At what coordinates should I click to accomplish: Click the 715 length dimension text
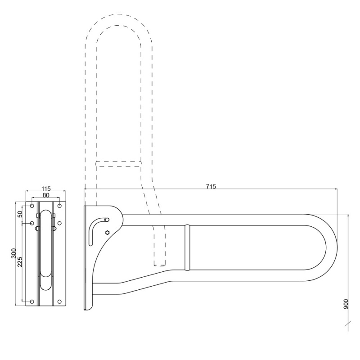click(211, 186)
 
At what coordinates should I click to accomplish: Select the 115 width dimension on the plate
click(45, 188)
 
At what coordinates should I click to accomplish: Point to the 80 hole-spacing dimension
click(45, 196)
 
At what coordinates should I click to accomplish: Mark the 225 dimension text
click(20, 263)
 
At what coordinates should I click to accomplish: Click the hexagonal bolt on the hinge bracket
click(107, 232)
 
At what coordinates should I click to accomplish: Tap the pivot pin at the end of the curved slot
click(107, 220)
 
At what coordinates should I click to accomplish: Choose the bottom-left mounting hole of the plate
click(31, 301)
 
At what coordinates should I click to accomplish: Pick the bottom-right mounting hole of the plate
click(59, 301)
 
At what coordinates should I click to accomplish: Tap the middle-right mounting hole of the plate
click(59, 223)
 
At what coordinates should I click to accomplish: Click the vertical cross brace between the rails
click(187, 247)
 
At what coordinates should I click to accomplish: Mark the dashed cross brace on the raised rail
click(119, 163)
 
